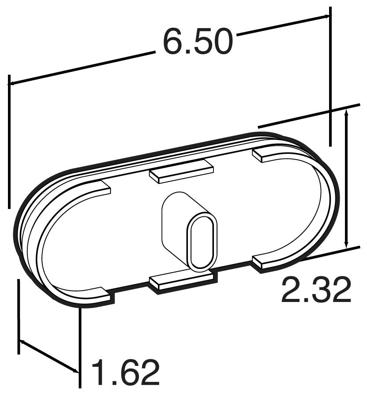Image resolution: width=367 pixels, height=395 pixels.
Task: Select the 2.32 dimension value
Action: click(x=316, y=290)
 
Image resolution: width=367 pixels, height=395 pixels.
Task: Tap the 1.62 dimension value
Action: click(x=125, y=373)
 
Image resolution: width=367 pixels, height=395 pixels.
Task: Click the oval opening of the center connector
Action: click(x=202, y=241)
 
